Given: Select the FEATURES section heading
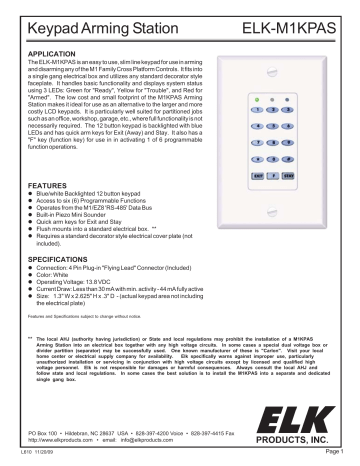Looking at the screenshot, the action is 41,158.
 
